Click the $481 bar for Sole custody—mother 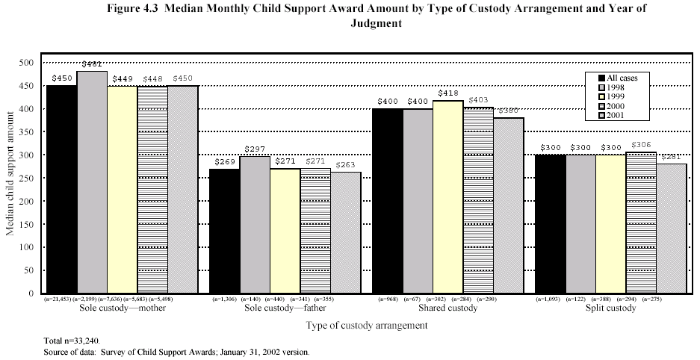click(x=92, y=183)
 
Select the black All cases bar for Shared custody click(x=387, y=202)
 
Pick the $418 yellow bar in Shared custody click(x=448, y=197)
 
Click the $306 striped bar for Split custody click(x=641, y=223)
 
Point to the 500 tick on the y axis click(x=29, y=63)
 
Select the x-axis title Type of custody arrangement click(x=367, y=326)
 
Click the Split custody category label click(x=610, y=308)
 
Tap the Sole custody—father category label click(x=285, y=308)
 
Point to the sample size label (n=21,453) click(x=61, y=300)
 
